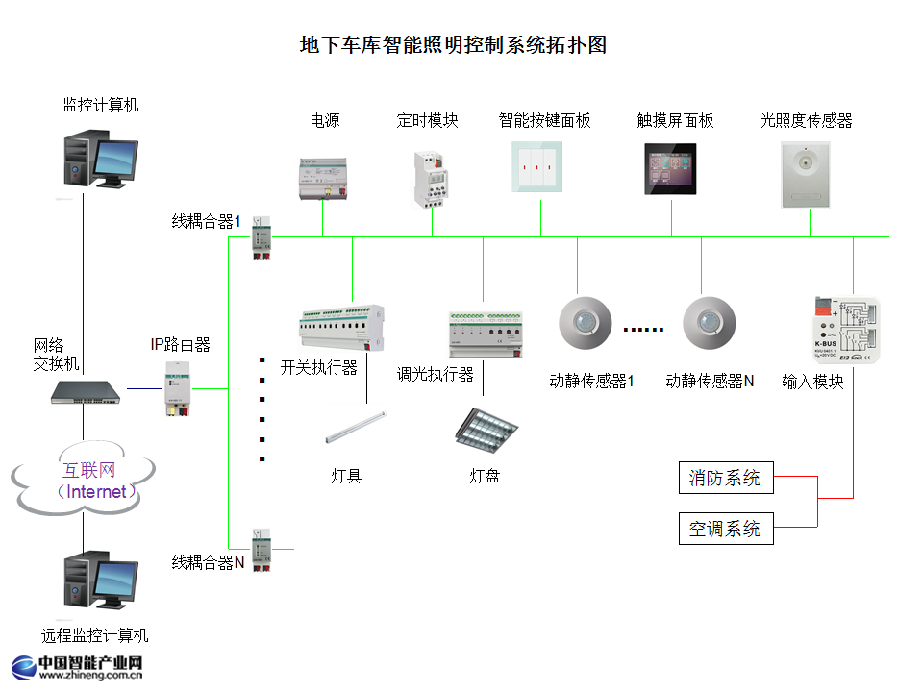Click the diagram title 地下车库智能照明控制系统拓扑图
454,45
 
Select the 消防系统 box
724,478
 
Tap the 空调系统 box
724,528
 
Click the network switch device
87,390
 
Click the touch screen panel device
670,169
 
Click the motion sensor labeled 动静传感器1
586,323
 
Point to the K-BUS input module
845,328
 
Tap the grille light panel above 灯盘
486,428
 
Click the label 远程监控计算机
95,635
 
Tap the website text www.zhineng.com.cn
91,676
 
